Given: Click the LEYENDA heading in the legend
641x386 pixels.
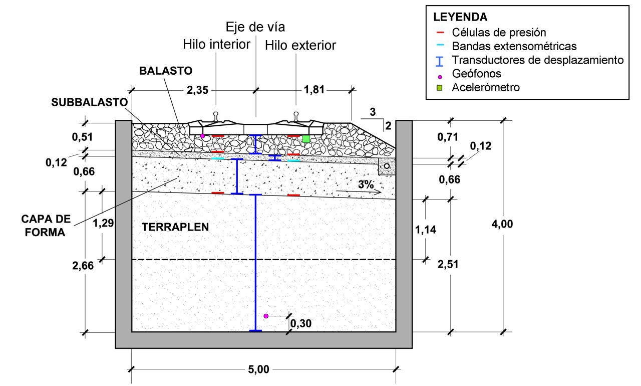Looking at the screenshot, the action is pyautogui.click(x=460, y=17).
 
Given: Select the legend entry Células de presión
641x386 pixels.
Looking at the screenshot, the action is pyautogui.click(x=499, y=33).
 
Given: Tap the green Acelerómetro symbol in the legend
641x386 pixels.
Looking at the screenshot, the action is pyautogui.click(x=439, y=88).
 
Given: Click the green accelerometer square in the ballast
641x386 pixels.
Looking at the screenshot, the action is pyautogui.click(x=306, y=139).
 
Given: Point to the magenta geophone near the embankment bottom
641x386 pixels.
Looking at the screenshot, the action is pyautogui.click(x=266, y=316).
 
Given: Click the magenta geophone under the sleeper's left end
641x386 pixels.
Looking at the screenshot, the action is pyautogui.click(x=203, y=136).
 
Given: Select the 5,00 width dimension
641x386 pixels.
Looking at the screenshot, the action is pyautogui.click(x=258, y=369).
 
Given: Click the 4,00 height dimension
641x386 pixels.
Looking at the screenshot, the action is pyautogui.click(x=502, y=224).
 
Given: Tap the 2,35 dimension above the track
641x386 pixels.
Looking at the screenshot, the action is pyautogui.click(x=197, y=90).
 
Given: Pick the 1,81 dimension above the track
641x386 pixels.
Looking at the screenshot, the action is pyautogui.click(x=314, y=90).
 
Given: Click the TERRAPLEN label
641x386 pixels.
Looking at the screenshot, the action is pyautogui.click(x=175, y=227).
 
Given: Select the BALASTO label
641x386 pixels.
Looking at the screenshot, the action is pyautogui.click(x=166, y=71).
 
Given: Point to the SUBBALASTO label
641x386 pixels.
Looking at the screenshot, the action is pyautogui.click(x=89, y=102).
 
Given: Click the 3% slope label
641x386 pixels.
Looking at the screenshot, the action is pyautogui.click(x=366, y=184).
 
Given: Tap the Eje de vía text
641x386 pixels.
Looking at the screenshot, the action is pyautogui.click(x=255, y=27).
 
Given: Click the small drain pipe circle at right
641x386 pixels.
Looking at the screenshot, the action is pyautogui.click(x=387, y=166).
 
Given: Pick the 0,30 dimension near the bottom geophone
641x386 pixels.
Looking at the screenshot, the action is pyautogui.click(x=301, y=323).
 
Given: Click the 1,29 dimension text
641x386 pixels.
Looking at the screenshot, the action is pyautogui.click(x=103, y=223).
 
